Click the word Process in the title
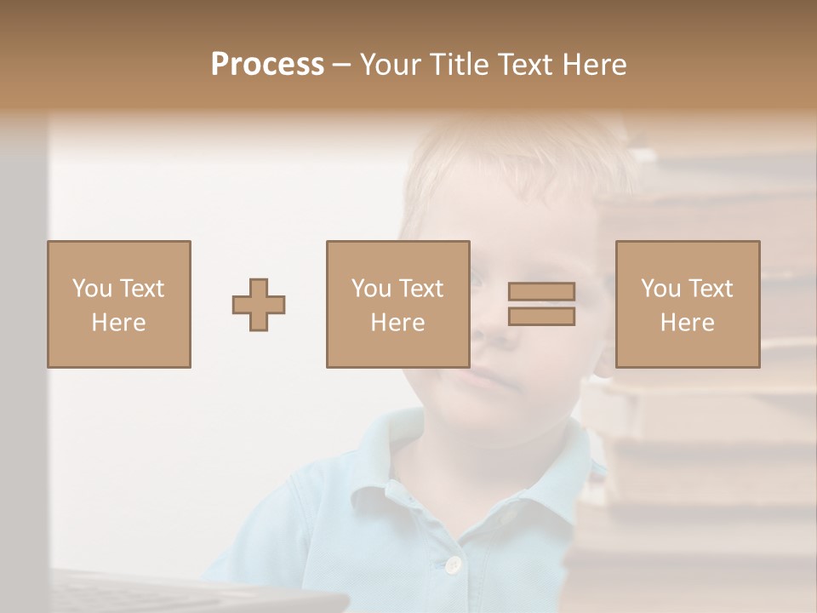pyautogui.click(x=267, y=65)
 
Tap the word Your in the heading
pyautogui.click(x=391, y=65)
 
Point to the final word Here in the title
pyautogui.click(x=596, y=65)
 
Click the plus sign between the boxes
pyautogui.click(x=259, y=305)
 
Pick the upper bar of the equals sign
pyautogui.click(x=541, y=291)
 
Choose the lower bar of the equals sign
pyautogui.click(x=541, y=317)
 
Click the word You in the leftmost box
pyautogui.click(x=91, y=288)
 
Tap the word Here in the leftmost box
pyautogui.click(x=118, y=323)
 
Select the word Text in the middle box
pyautogui.click(x=421, y=288)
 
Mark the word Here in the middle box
pyautogui.click(x=397, y=323)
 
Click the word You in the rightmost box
pyautogui.click(x=660, y=288)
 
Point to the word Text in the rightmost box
pyautogui.click(x=711, y=288)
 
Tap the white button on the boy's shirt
pyautogui.click(x=454, y=564)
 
